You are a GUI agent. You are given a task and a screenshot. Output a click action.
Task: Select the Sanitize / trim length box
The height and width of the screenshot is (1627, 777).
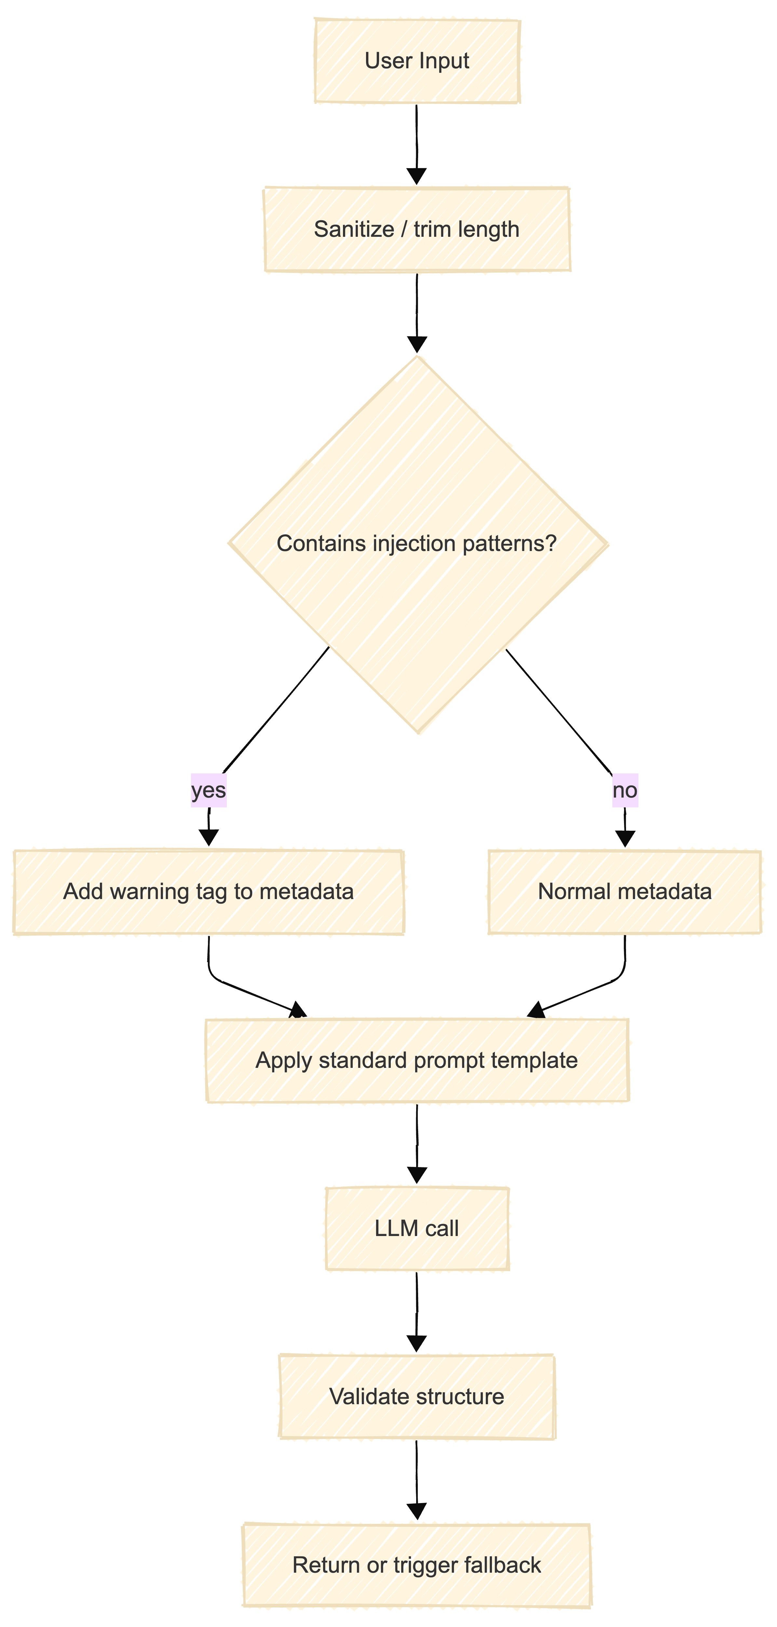click(x=417, y=229)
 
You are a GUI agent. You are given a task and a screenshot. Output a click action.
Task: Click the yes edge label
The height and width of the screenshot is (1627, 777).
click(x=209, y=790)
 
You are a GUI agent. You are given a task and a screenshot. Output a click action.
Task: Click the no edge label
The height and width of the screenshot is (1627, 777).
click(x=625, y=790)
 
